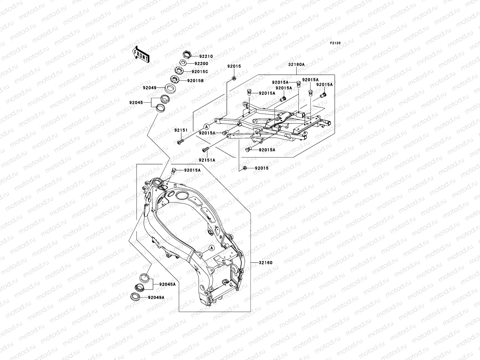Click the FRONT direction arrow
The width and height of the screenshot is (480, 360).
click(x=141, y=54)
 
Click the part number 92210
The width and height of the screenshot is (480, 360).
click(x=206, y=56)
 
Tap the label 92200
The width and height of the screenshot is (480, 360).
click(x=201, y=64)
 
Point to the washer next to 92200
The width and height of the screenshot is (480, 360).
click(x=183, y=63)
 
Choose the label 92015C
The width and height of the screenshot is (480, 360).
click(x=200, y=72)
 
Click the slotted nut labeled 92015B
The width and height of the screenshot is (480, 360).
click(x=175, y=79)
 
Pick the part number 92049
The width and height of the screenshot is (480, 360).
click(x=150, y=88)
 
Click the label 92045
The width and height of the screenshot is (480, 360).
click(x=136, y=103)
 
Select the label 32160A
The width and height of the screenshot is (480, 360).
click(x=296, y=64)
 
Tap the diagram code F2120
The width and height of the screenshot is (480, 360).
click(x=335, y=43)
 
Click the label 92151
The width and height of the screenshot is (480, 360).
click(x=181, y=130)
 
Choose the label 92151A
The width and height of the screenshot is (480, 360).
click(x=207, y=160)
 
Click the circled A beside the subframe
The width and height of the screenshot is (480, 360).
click(x=206, y=127)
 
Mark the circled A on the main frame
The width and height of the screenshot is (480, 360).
click(x=211, y=248)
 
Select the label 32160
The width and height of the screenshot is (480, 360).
click(x=266, y=263)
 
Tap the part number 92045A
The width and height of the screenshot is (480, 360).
click(x=167, y=284)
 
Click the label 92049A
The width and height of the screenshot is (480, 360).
click(x=156, y=298)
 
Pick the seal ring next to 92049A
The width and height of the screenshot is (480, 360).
click(x=135, y=297)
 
